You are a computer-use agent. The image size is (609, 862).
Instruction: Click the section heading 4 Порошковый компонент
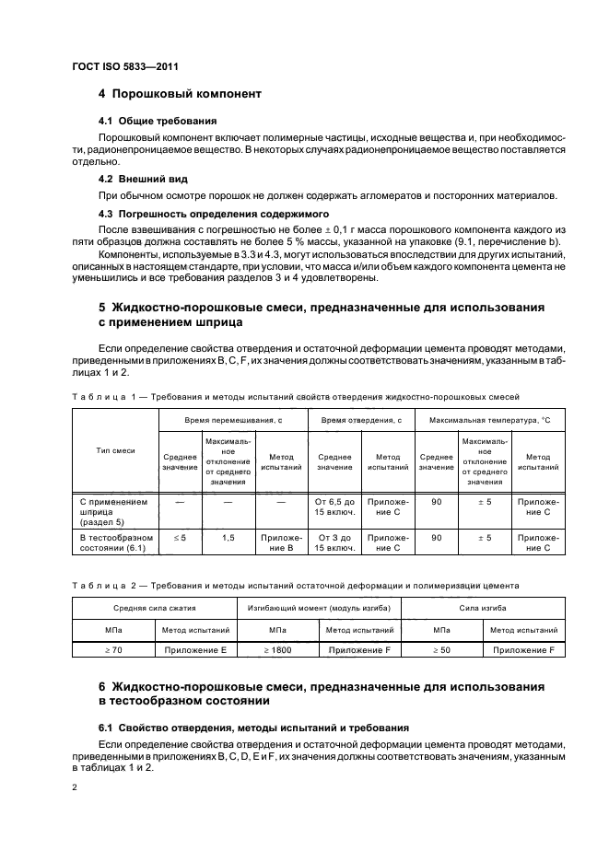click(x=181, y=94)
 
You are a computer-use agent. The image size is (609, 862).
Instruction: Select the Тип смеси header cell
click(x=115, y=450)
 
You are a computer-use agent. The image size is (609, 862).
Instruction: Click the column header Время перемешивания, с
click(x=231, y=419)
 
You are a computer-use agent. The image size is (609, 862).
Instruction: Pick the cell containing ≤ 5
click(x=179, y=537)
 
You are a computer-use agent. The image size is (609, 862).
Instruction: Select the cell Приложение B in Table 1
click(x=280, y=542)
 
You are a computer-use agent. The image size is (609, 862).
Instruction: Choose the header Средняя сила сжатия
click(x=154, y=609)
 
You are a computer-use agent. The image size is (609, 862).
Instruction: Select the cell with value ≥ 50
click(x=443, y=650)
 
